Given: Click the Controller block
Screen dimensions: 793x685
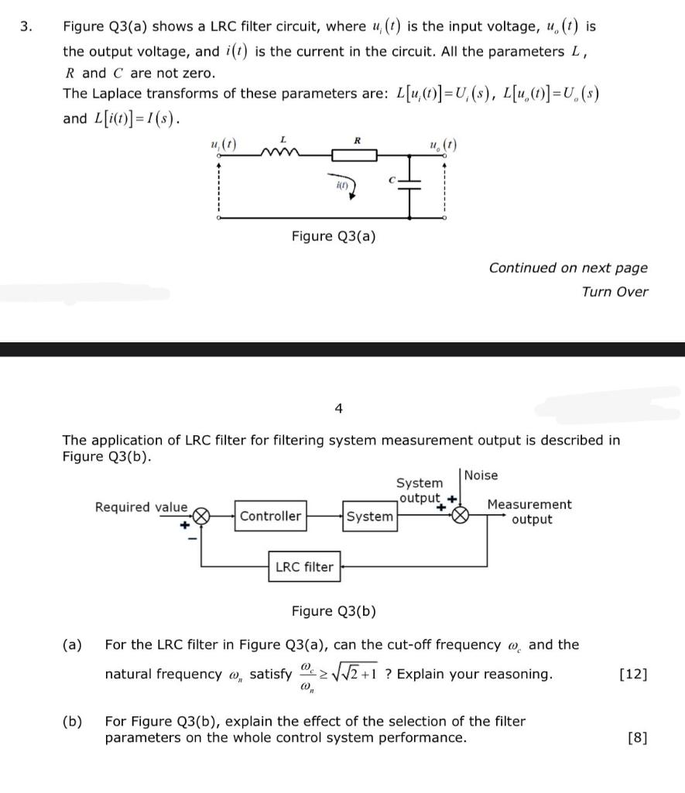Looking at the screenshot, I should click(270, 516).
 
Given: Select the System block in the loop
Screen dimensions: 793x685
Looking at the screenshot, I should click(369, 516).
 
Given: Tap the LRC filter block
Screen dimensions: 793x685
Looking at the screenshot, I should click(304, 567).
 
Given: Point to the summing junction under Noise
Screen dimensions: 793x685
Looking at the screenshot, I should click(461, 516).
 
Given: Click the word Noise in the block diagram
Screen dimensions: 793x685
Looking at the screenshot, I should click(481, 475).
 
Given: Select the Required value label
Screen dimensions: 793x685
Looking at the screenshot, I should click(140, 507).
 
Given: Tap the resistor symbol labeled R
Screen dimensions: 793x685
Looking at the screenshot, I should click(355, 155).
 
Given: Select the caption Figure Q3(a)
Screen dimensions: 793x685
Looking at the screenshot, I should click(334, 235).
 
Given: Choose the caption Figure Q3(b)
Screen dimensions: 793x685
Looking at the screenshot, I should click(334, 611).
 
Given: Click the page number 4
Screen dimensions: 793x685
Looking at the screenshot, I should click(338, 408).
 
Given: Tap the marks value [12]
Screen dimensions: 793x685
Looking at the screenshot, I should click(633, 674).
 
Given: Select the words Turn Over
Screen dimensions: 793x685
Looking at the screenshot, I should click(615, 291).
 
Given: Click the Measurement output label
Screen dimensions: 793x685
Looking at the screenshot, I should click(529, 512).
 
